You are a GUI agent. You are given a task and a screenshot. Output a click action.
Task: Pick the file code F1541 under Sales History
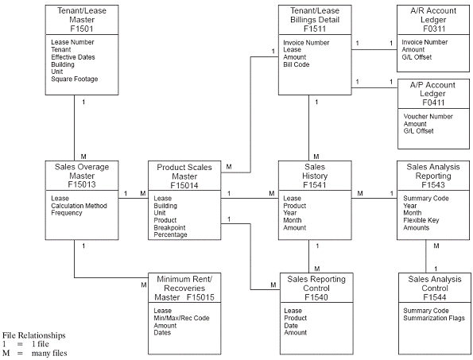point(316,184)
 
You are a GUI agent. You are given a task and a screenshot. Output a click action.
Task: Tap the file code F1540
point(316,297)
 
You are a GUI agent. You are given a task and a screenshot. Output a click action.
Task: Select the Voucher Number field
point(428,116)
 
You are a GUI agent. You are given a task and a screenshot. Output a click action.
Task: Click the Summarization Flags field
point(435,318)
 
